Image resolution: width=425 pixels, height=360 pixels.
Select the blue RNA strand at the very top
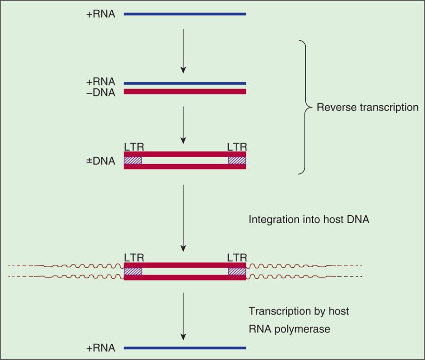(185, 14)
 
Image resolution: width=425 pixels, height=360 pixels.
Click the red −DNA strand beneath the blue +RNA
(185, 91)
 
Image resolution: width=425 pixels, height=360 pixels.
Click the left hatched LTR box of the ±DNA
(133, 160)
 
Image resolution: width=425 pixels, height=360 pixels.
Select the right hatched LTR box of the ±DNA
(237, 160)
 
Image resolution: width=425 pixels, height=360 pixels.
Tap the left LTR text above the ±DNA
(134, 147)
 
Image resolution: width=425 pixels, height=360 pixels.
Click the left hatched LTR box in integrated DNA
(133, 271)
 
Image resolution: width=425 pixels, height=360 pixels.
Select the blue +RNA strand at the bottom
(185, 347)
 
